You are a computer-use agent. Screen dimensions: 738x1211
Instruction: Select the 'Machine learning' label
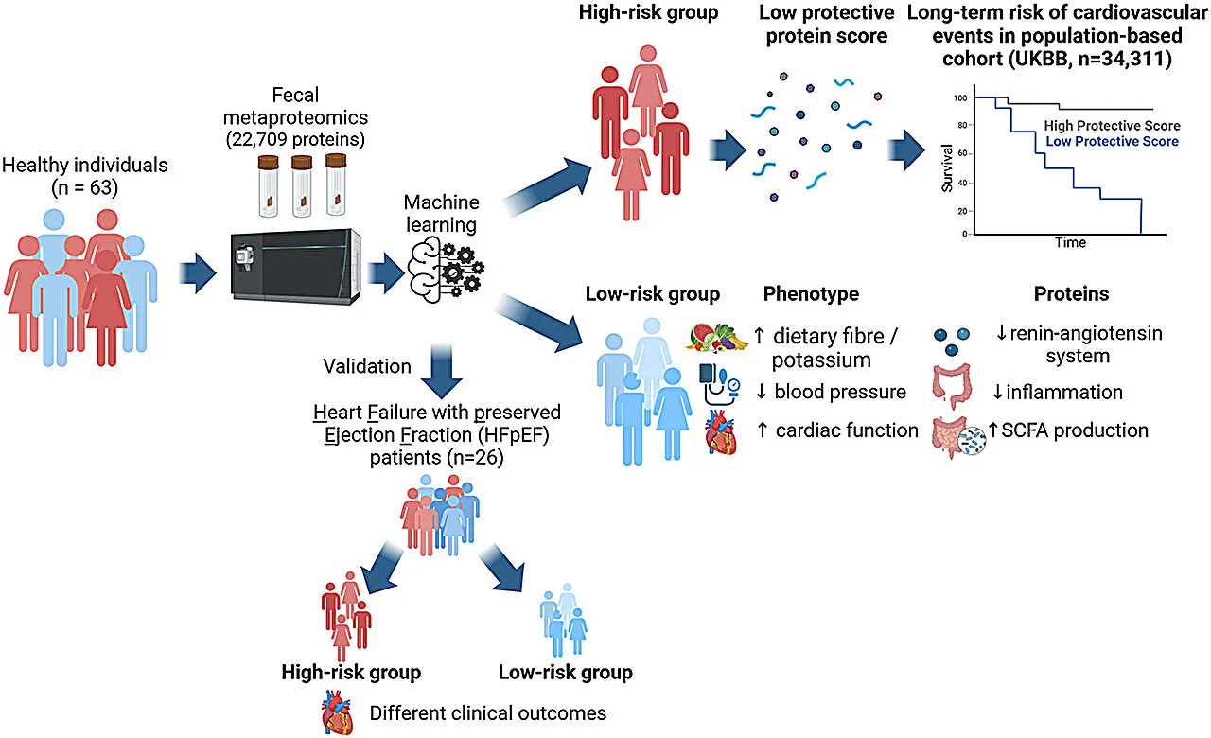[x=441, y=213]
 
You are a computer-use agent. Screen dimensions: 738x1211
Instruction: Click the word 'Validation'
[x=367, y=366]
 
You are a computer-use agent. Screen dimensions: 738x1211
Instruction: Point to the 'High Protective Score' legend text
[x=1112, y=126]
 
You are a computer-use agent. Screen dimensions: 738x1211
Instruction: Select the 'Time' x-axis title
[x=1070, y=243]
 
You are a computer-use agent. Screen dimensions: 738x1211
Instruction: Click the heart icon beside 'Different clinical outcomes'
[x=337, y=712]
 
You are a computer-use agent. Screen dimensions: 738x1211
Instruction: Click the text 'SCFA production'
[x=1075, y=430]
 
